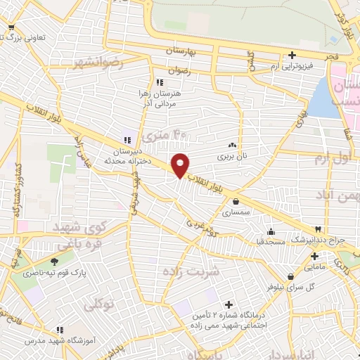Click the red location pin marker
click(x=181, y=165)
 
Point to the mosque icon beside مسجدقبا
click(x=271, y=233)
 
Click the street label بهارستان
click(x=189, y=51)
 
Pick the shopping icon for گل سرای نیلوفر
click(x=290, y=277)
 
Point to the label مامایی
click(x=314, y=267)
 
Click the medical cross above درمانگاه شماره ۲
click(x=227, y=305)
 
